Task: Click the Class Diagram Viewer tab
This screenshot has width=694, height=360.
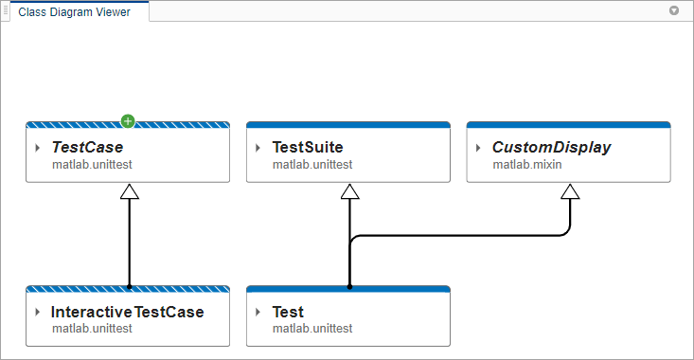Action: (x=75, y=12)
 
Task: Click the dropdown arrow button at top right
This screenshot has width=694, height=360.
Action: (x=674, y=11)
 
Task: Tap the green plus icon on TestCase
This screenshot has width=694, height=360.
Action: (x=128, y=121)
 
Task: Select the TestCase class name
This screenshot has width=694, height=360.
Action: (x=87, y=148)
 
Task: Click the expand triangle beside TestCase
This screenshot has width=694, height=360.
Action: (x=37, y=148)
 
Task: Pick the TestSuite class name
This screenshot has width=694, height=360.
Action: (x=307, y=148)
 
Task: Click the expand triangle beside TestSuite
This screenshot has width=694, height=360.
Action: (x=258, y=148)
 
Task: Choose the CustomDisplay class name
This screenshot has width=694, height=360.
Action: (x=551, y=148)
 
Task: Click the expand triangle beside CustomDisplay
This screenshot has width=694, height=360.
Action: (x=478, y=148)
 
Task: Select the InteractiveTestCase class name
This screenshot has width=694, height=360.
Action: (x=127, y=312)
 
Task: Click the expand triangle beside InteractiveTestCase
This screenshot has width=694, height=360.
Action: (x=37, y=312)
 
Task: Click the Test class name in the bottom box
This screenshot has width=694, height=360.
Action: (x=288, y=312)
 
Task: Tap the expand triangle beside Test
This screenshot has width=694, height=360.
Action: (x=258, y=312)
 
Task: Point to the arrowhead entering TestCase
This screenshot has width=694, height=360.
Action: (x=129, y=191)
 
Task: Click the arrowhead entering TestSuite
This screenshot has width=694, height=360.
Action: (x=349, y=191)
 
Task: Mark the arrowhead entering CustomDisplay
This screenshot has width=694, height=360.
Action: (x=569, y=191)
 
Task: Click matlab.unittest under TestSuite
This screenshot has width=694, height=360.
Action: (x=312, y=165)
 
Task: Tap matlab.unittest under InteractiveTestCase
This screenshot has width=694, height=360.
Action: (x=92, y=329)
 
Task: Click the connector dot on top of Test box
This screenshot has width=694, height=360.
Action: (x=349, y=285)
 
